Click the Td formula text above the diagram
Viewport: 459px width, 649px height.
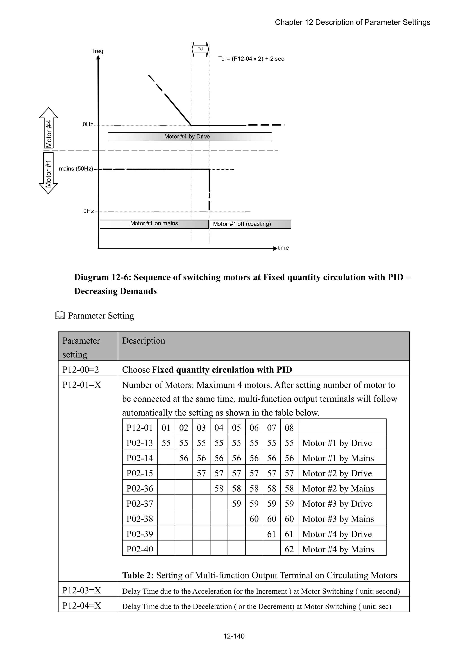tap(251, 59)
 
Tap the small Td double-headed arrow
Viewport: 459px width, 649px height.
tap(200, 49)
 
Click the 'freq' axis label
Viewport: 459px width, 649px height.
tap(98, 51)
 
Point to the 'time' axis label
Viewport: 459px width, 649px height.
tap(283, 248)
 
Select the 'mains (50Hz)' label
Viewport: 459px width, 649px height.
tap(76, 169)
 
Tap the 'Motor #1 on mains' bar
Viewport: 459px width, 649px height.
tap(154, 224)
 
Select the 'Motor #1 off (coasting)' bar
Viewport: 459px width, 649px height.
tap(250, 224)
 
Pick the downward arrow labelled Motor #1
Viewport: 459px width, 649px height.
tap(48, 172)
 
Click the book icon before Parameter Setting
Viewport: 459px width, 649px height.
tap(60, 315)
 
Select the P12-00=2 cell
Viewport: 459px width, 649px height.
tap(81, 370)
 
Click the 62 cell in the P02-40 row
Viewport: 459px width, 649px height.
tap(289, 549)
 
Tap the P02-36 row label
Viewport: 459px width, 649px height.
tap(140, 488)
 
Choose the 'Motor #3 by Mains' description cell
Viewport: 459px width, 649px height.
tap(338, 519)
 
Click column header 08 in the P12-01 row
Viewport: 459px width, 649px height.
tap(289, 428)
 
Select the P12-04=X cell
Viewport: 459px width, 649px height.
tap(82, 606)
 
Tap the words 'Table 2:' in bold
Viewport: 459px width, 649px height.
tap(138, 575)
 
